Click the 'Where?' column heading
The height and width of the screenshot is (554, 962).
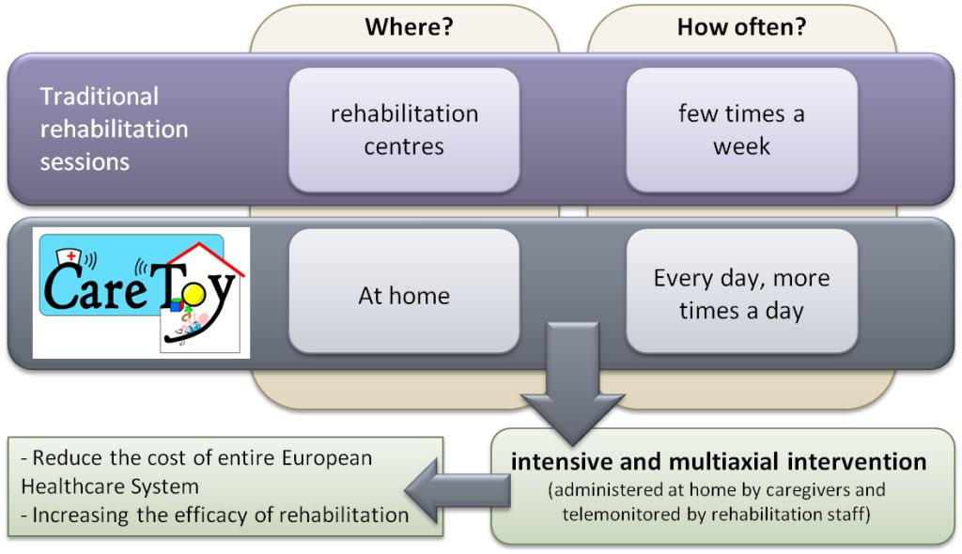tap(409, 27)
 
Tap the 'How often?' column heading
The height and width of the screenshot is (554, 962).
tap(742, 27)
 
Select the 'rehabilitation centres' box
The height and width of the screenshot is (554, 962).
tap(404, 131)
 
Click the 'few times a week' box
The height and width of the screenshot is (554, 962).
tap(742, 131)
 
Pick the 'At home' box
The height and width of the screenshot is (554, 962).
tap(404, 291)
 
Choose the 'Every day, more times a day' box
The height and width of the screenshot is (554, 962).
tap(742, 291)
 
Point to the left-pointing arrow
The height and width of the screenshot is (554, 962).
tap(458, 491)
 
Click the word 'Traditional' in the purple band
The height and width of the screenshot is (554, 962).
tap(100, 97)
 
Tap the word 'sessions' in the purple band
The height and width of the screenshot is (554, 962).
tap(85, 162)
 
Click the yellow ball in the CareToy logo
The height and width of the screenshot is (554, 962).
tap(194, 297)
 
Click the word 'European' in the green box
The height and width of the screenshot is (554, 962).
tap(327, 458)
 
